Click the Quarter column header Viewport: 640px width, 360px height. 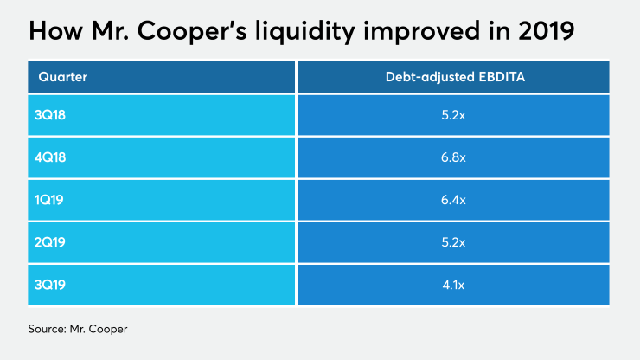coord(63,76)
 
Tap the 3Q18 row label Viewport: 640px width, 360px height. coord(54,115)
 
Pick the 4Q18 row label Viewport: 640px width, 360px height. coord(54,157)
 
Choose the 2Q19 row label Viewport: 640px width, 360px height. coord(54,242)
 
